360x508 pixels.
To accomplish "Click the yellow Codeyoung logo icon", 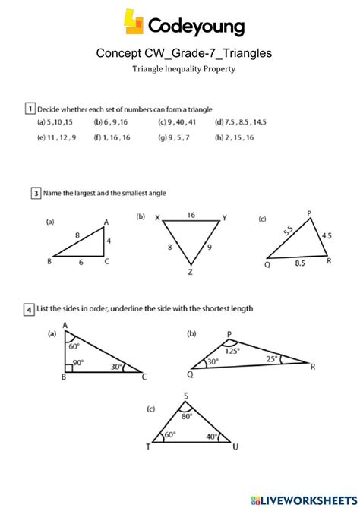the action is tap(133, 22).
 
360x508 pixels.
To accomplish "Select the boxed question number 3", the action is tap(36, 194).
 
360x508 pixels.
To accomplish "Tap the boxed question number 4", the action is tap(29, 309).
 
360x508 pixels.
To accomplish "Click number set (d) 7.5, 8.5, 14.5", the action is tap(241, 122).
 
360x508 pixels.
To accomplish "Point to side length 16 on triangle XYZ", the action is tap(191, 215).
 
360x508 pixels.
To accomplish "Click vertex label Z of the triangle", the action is tap(191, 271).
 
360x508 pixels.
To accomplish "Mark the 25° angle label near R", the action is tap(271, 358).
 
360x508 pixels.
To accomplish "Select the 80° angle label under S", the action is tap(186, 416).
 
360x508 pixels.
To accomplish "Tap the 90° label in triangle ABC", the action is tap(77, 362).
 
